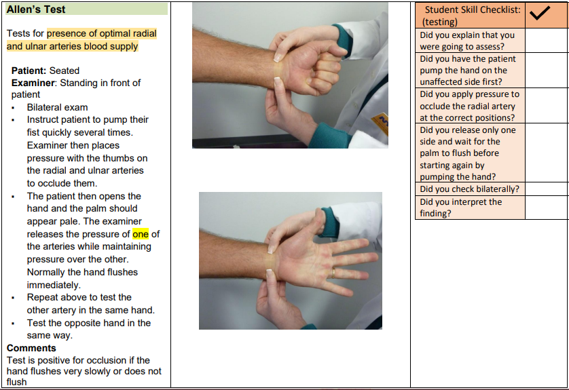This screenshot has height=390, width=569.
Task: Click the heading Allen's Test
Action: (x=36, y=9)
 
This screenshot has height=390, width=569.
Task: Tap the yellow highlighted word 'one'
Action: (x=141, y=234)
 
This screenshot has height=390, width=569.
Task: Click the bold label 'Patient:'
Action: (x=29, y=71)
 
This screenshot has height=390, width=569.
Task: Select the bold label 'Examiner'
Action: (x=33, y=83)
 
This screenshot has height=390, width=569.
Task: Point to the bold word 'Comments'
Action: (x=31, y=348)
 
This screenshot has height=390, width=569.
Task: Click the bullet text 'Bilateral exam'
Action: (x=57, y=107)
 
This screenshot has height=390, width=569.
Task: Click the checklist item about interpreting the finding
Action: (x=461, y=208)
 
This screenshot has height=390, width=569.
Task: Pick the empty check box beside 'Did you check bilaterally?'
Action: (x=547, y=189)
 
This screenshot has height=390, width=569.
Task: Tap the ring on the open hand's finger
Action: (x=333, y=271)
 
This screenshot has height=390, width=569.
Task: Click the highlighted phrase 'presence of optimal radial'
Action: (x=102, y=33)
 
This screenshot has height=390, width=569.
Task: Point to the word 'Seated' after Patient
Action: (x=65, y=71)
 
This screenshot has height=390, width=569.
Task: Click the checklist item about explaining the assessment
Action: (x=467, y=41)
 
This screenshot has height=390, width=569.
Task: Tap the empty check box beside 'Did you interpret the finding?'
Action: (x=547, y=208)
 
